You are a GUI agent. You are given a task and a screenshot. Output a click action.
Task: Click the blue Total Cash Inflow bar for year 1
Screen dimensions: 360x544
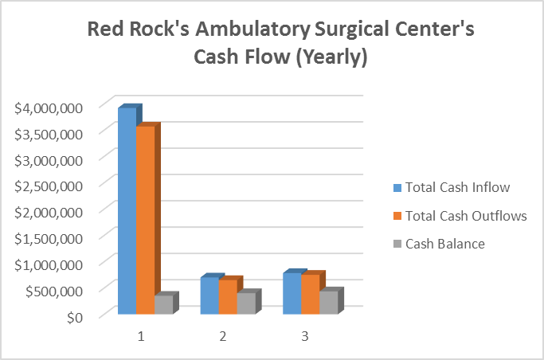tap(127, 211)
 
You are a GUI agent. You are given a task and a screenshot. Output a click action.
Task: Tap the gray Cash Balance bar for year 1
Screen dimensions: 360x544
tap(163, 304)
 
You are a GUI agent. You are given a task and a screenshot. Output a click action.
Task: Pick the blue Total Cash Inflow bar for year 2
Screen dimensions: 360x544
tap(209, 295)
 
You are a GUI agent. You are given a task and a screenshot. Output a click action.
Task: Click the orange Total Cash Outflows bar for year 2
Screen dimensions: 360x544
tap(227, 297)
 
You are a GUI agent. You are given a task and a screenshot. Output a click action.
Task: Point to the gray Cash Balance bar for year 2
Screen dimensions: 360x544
tap(245, 303)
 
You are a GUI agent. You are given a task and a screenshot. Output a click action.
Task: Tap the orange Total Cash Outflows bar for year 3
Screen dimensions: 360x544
tap(309, 295)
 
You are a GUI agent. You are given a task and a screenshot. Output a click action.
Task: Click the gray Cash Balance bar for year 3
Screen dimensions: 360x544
tap(327, 303)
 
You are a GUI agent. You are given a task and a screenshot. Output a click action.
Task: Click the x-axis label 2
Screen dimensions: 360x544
tap(222, 336)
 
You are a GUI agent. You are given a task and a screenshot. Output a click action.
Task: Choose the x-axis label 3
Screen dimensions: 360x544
tap(304, 336)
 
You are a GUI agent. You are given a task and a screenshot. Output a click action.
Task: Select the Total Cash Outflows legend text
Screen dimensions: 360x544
tap(466, 216)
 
